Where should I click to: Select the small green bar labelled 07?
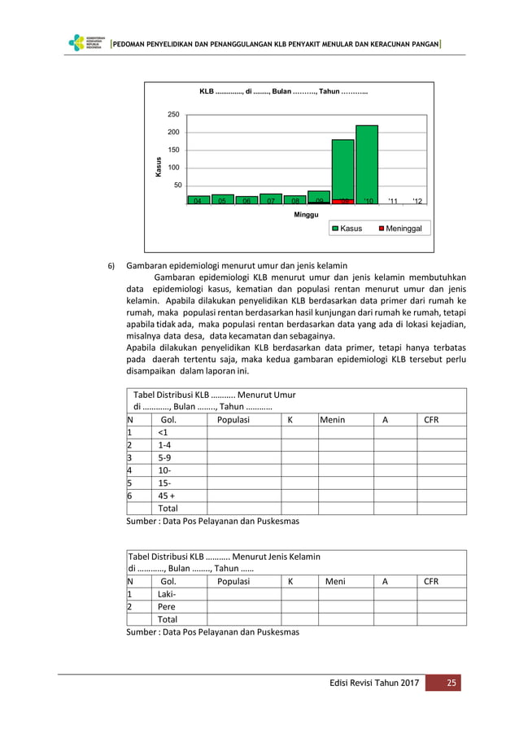pos(271,199)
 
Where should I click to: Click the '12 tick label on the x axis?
pos(417,201)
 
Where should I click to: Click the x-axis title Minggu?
pos(306,215)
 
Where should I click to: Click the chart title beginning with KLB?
pos(284,92)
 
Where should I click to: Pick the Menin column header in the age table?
pos(332,421)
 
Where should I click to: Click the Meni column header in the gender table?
pos(335,582)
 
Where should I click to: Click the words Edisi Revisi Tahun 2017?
pos(369,682)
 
